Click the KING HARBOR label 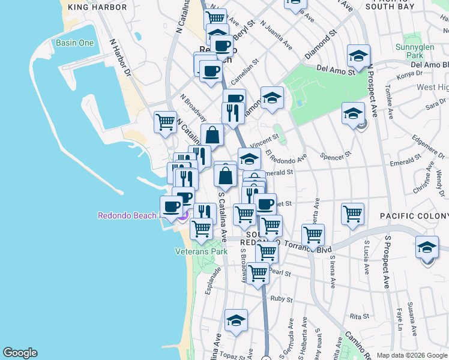pos(98,7)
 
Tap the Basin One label pos(74,43)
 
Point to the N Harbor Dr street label pos(120,58)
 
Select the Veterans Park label pos(201,251)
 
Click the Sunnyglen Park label pos(410,51)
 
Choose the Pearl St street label pos(280,273)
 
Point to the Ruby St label pos(281,298)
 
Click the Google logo pos(20,353)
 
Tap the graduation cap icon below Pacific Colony pos(427,248)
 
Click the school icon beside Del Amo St pos(358,56)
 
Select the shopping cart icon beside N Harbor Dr pos(165,122)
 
